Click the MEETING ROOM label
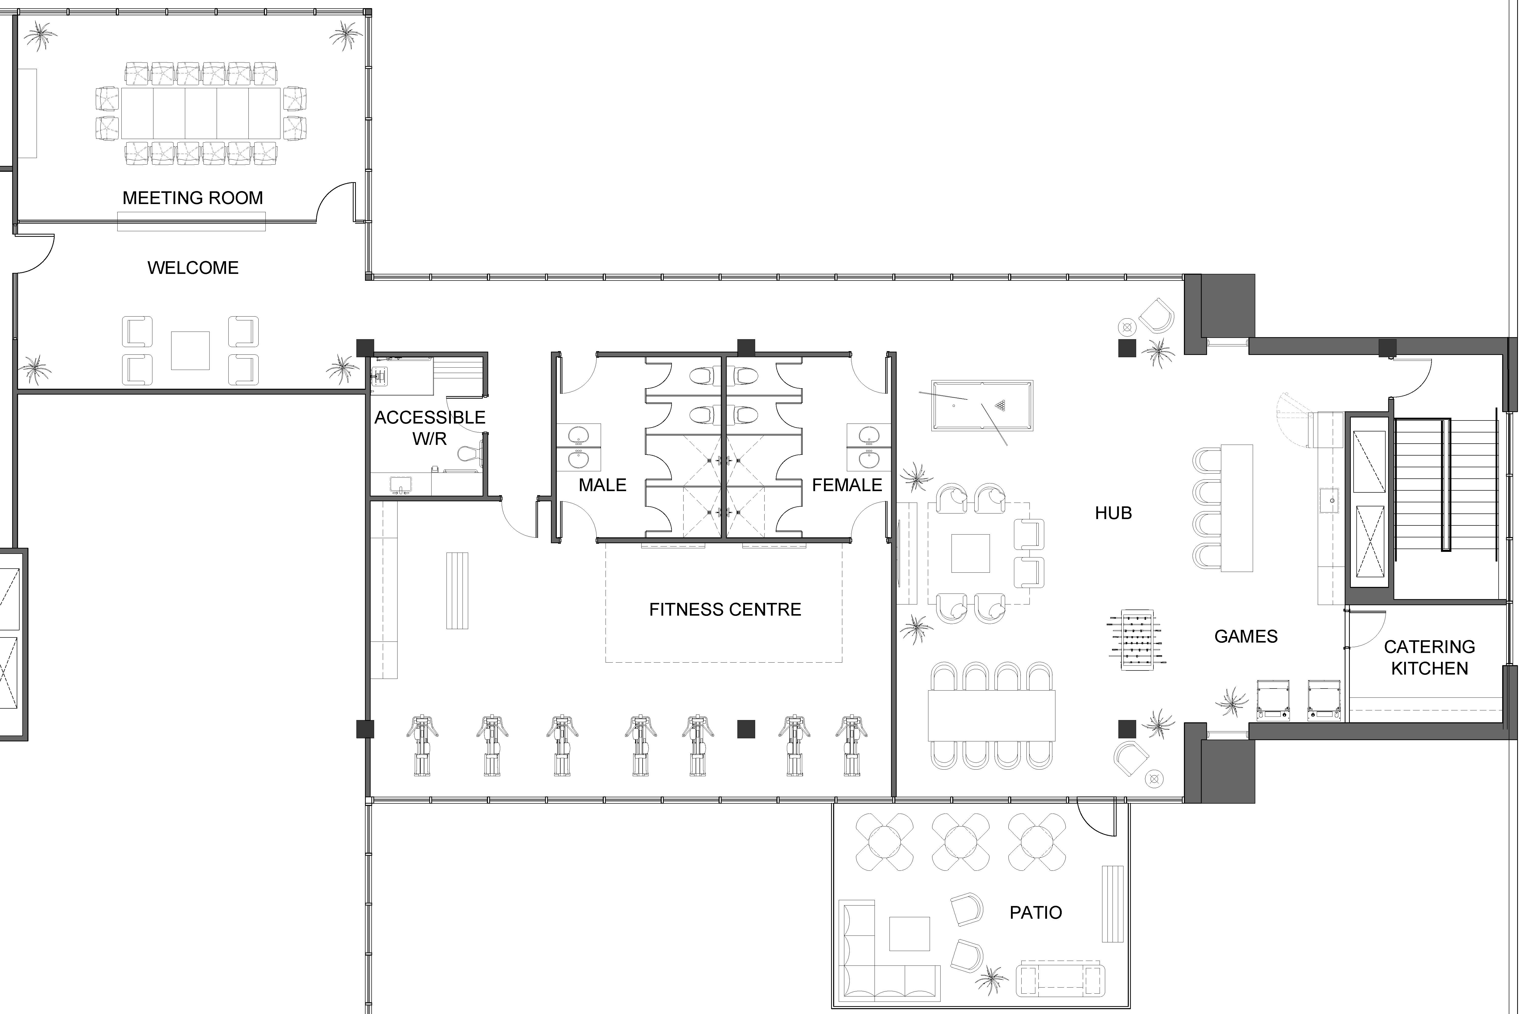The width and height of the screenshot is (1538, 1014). (193, 198)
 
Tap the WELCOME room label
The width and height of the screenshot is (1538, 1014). (193, 268)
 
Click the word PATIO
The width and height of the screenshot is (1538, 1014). (1036, 912)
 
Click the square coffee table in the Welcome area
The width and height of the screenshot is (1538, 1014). (190, 351)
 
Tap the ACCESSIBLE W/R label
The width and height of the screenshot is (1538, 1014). (430, 427)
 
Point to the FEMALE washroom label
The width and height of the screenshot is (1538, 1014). (847, 485)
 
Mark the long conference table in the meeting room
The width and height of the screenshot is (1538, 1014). (200, 113)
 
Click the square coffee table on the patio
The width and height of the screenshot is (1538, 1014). (910, 934)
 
